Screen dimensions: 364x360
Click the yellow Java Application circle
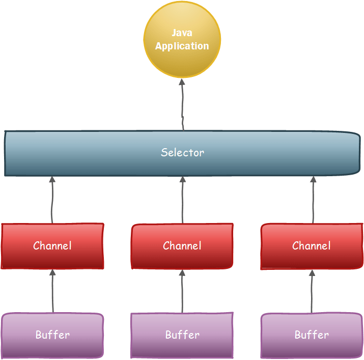tap(182, 40)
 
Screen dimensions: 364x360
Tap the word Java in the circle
tap(182, 33)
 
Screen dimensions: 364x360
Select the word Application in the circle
tap(182, 46)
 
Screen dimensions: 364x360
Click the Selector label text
tap(182, 153)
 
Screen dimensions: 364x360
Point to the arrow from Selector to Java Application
tap(182, 105)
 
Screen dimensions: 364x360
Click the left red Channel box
tap(52, 246)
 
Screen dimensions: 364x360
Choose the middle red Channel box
tap(182, 246)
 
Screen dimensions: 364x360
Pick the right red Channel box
tap(312, 246)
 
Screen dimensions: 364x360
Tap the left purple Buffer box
tap(52, 336)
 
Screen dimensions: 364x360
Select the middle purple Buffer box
tap(182, 336)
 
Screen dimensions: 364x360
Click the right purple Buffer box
tap(312, 336)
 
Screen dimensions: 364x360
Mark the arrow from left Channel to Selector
tap(52, 200)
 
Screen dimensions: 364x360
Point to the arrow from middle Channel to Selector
tap(182, 200)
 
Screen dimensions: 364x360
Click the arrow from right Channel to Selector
tap(313, 200)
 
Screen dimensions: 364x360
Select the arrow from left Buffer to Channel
tap(53, 291)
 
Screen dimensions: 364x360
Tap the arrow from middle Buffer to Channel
tap(182, 291)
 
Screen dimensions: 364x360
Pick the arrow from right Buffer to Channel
tap(312, 291)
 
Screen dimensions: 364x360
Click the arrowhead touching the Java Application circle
tap(182, 82)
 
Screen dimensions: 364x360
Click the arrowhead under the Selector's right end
tap(314, 179)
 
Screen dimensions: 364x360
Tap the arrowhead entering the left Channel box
tap(53, 272)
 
